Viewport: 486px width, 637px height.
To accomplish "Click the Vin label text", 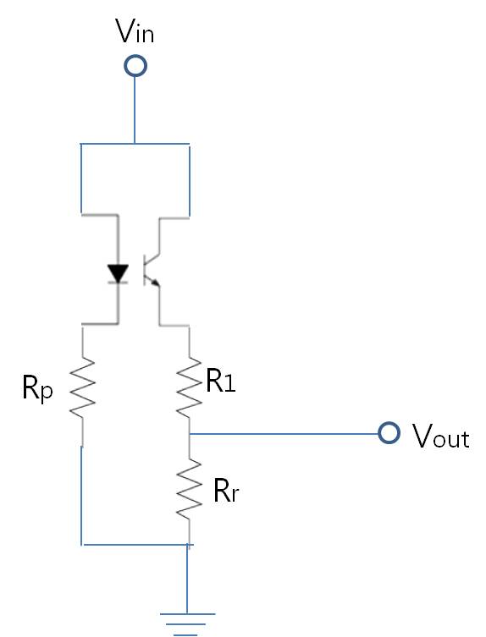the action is coord(135,30).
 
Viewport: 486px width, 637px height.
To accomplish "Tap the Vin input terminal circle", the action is coord(135,65).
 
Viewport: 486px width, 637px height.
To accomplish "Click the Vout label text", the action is coord(441,436).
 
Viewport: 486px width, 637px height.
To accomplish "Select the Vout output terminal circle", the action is coord(389,432).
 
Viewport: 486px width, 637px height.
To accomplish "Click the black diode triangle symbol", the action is coord(118,273).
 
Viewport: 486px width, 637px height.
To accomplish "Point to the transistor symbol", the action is coord(152,270).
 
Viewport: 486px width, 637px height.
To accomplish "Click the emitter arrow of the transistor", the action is coord(155,281).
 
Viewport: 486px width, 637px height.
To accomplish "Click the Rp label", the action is coord(37,389).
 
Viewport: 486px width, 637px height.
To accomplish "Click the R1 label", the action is coord(221,380).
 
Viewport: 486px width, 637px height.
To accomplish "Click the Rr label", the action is coord(226,491).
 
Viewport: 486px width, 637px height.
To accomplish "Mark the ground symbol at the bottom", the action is coord(187,624).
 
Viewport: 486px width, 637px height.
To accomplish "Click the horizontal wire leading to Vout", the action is coord(284,434).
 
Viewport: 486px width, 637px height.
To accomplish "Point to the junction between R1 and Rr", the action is coord(190,434).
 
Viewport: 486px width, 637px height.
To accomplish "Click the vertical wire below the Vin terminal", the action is coord(135,110).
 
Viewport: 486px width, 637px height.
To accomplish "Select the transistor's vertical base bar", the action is coord(145,270).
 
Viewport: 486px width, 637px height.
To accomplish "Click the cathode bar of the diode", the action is coord(118,283).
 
